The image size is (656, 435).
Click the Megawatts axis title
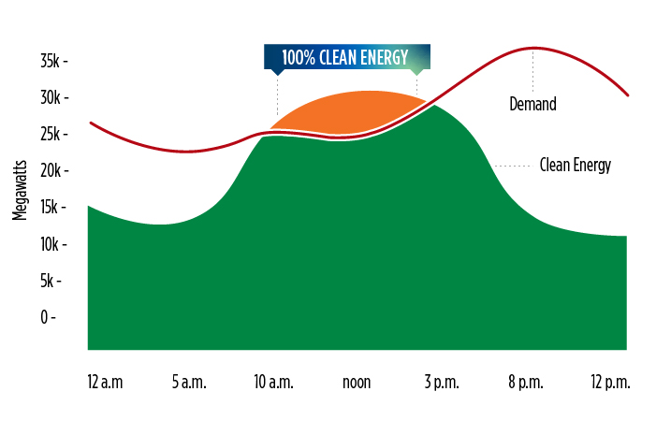20,189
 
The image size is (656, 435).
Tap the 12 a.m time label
105,383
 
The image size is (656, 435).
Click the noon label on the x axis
357,383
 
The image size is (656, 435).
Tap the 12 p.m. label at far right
610,383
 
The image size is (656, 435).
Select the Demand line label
532,104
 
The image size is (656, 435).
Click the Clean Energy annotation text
575,166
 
